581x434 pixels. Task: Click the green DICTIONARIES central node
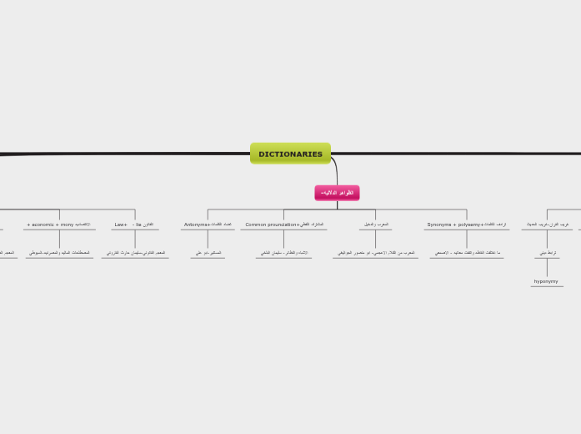[x=290, y=154]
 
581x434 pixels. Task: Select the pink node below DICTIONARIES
[x=337, y=193]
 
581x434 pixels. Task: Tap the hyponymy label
[x=546, y=282]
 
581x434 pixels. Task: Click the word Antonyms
[x=196, y=225]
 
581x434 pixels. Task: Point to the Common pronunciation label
[x=271, y=225]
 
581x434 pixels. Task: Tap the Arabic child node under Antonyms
[x=208, y=253]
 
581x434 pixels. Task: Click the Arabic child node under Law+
[x=135, y=253]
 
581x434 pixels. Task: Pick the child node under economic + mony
[x=59, y=253]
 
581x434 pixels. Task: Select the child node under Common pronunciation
[x=283, y=253]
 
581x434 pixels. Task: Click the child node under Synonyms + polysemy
[x=467, y=253]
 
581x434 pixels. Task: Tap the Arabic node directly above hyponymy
[x=547, y=253]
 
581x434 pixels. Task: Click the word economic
[x=42, y=225]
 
